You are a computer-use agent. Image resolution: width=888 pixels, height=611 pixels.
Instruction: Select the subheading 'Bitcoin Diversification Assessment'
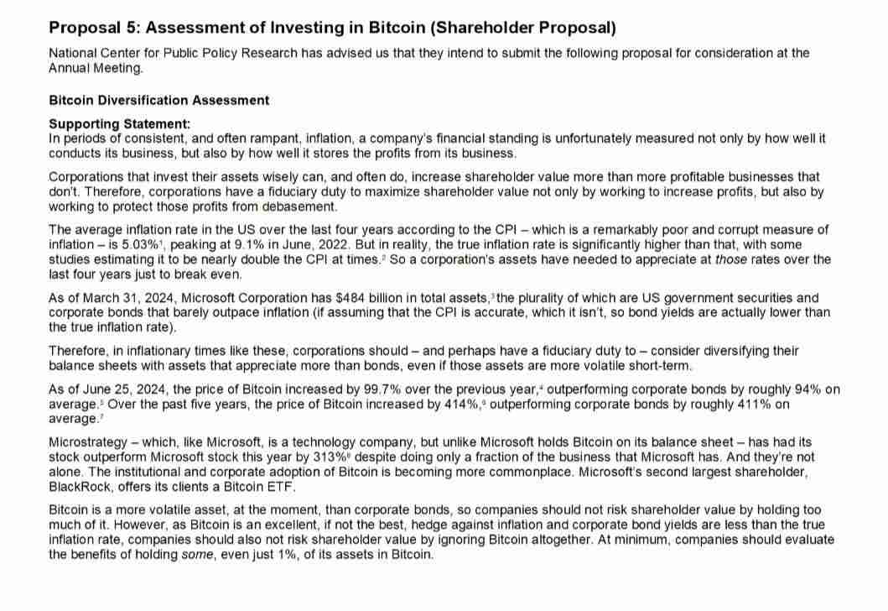click(159, 100)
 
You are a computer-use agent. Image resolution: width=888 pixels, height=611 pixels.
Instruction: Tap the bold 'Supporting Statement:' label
click(120, 124)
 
